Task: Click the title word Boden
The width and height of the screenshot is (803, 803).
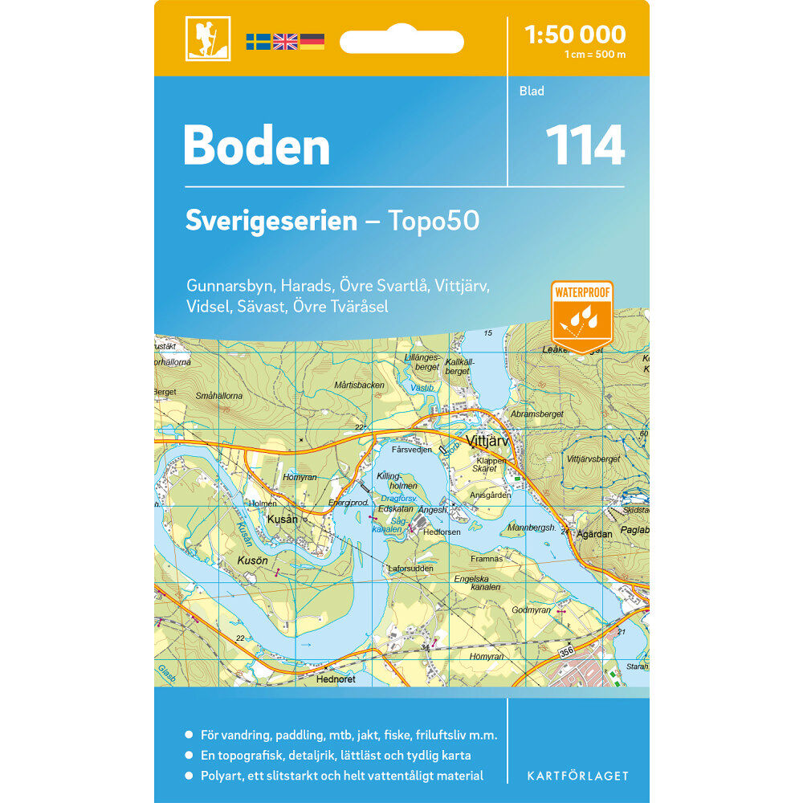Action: (x=256, y=146)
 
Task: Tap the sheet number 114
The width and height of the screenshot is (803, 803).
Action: (x=585, y=146)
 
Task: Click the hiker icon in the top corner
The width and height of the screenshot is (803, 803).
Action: (x=208, y=39)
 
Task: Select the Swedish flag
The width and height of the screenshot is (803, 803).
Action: (x=258, y=42)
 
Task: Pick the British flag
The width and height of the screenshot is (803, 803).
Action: (x=285, y=42)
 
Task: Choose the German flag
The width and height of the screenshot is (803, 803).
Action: (x=312, y=42)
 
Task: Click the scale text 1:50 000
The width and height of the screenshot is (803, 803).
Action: (x=574, y=35)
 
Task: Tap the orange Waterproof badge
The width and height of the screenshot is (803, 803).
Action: (x=582, y=316)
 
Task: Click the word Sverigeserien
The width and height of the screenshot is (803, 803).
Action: (x=271, y=221)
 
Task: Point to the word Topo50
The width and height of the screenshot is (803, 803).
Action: (x=434, y=221)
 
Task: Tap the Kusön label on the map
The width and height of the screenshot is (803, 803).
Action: (x=251, y=557)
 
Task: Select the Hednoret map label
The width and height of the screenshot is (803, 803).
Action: (x=336, y=679)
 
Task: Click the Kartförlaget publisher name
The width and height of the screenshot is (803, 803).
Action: (x=577, y=776)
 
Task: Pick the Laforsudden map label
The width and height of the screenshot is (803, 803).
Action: (x=410, y=569)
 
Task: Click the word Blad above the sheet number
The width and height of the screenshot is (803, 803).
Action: (x=532, y=92)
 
